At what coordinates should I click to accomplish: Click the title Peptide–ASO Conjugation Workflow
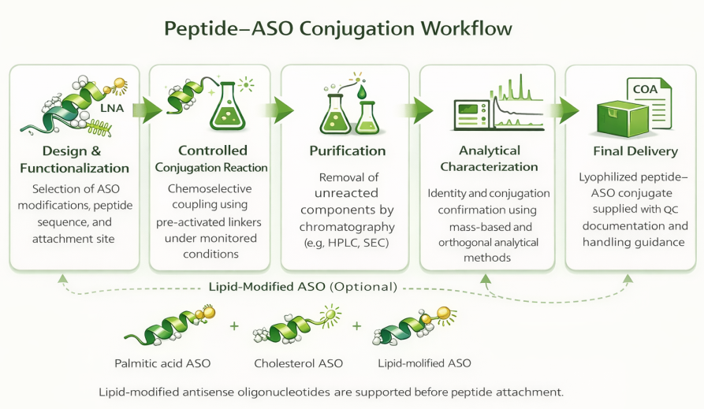pyautogui.click(x=338, y=29)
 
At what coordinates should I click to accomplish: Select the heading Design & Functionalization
pyautogui.click(x=76, y=159)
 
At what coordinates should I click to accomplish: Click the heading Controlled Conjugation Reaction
pyautogui.click(x=212, y=158)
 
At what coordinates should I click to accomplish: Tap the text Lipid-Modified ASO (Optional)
pyautogui.click(x=302, y=287)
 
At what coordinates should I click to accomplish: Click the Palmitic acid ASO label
pyautogui.click(x=162, y=363)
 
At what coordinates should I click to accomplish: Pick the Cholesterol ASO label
pyautogui.click(x=298, y=363)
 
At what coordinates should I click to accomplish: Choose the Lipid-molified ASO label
pyautogui.click(x=426, y=363)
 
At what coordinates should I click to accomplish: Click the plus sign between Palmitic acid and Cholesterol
pyautogui.click(x=234, y=325)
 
